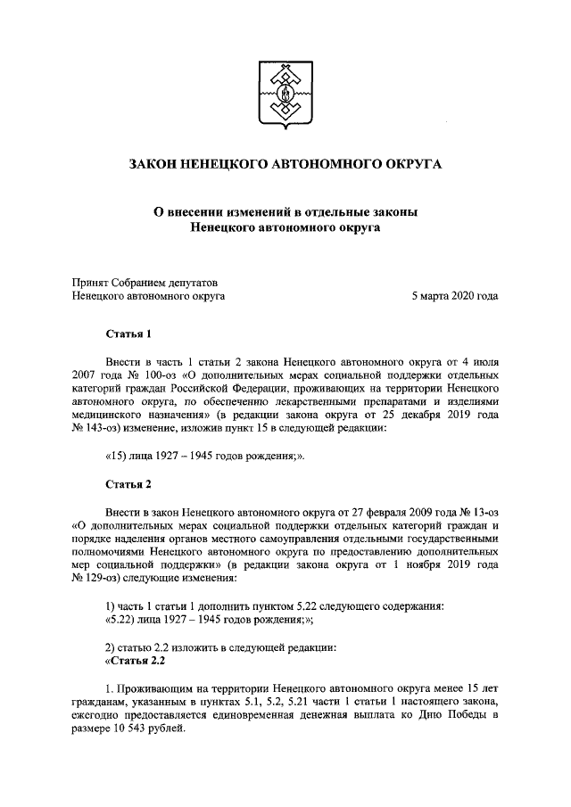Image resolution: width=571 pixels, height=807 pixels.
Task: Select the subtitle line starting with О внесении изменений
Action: click(285, 211)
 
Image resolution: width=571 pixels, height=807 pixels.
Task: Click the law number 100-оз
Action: click(128, 375)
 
